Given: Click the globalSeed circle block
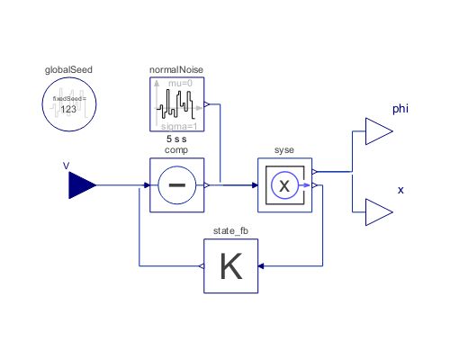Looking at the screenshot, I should coord(68,104).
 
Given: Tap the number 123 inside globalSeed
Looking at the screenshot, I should coord(68,109).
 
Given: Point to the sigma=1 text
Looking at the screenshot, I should coord(181,127).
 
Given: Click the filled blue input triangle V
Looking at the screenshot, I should coord(82,185).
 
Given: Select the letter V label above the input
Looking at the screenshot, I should coord(66,166).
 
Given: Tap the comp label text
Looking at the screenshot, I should coord(176,150).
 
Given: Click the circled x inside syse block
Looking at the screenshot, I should coord(284,185).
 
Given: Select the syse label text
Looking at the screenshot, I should coord(284,150).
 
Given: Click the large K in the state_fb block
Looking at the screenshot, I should coord(230,267).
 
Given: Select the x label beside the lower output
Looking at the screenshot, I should coord(400,191).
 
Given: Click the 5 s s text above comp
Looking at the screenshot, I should coord(176,140).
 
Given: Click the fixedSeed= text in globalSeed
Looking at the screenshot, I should coord(68,99).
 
